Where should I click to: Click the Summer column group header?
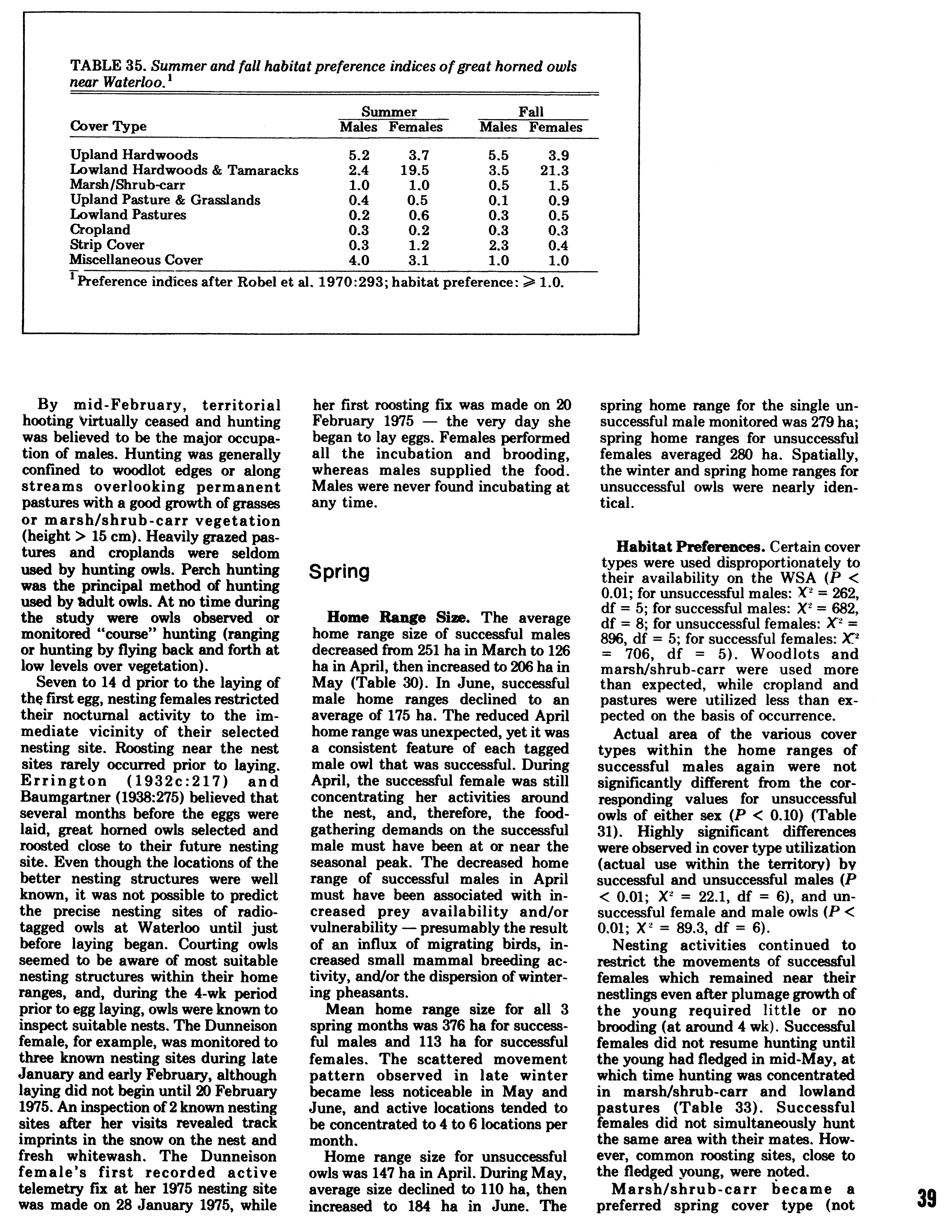pos(389,112)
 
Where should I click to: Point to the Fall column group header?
pos(531,112)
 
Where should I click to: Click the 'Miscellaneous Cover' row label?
pos(136,260)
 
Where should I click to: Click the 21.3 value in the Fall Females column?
pos(554,170)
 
